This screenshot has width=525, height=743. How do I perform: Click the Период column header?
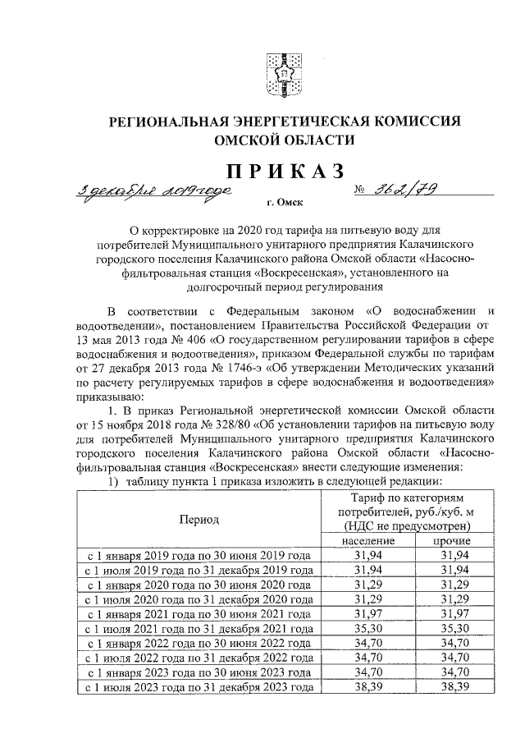199,519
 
